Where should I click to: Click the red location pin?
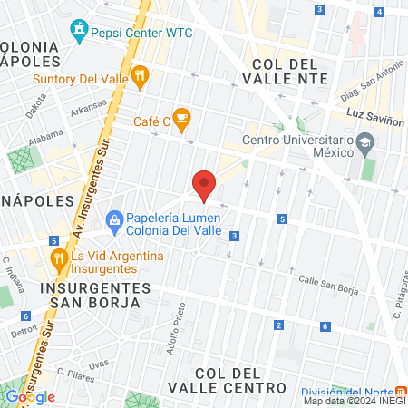pos(204,184)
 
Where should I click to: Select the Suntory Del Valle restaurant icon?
pos(139,76)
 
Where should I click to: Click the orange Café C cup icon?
pos(181,117)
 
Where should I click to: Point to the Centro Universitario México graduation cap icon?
pos(364,142)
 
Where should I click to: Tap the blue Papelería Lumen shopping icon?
pos(115,219)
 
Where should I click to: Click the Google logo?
pos(30,396)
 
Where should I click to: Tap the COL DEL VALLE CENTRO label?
pos(239,380)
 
